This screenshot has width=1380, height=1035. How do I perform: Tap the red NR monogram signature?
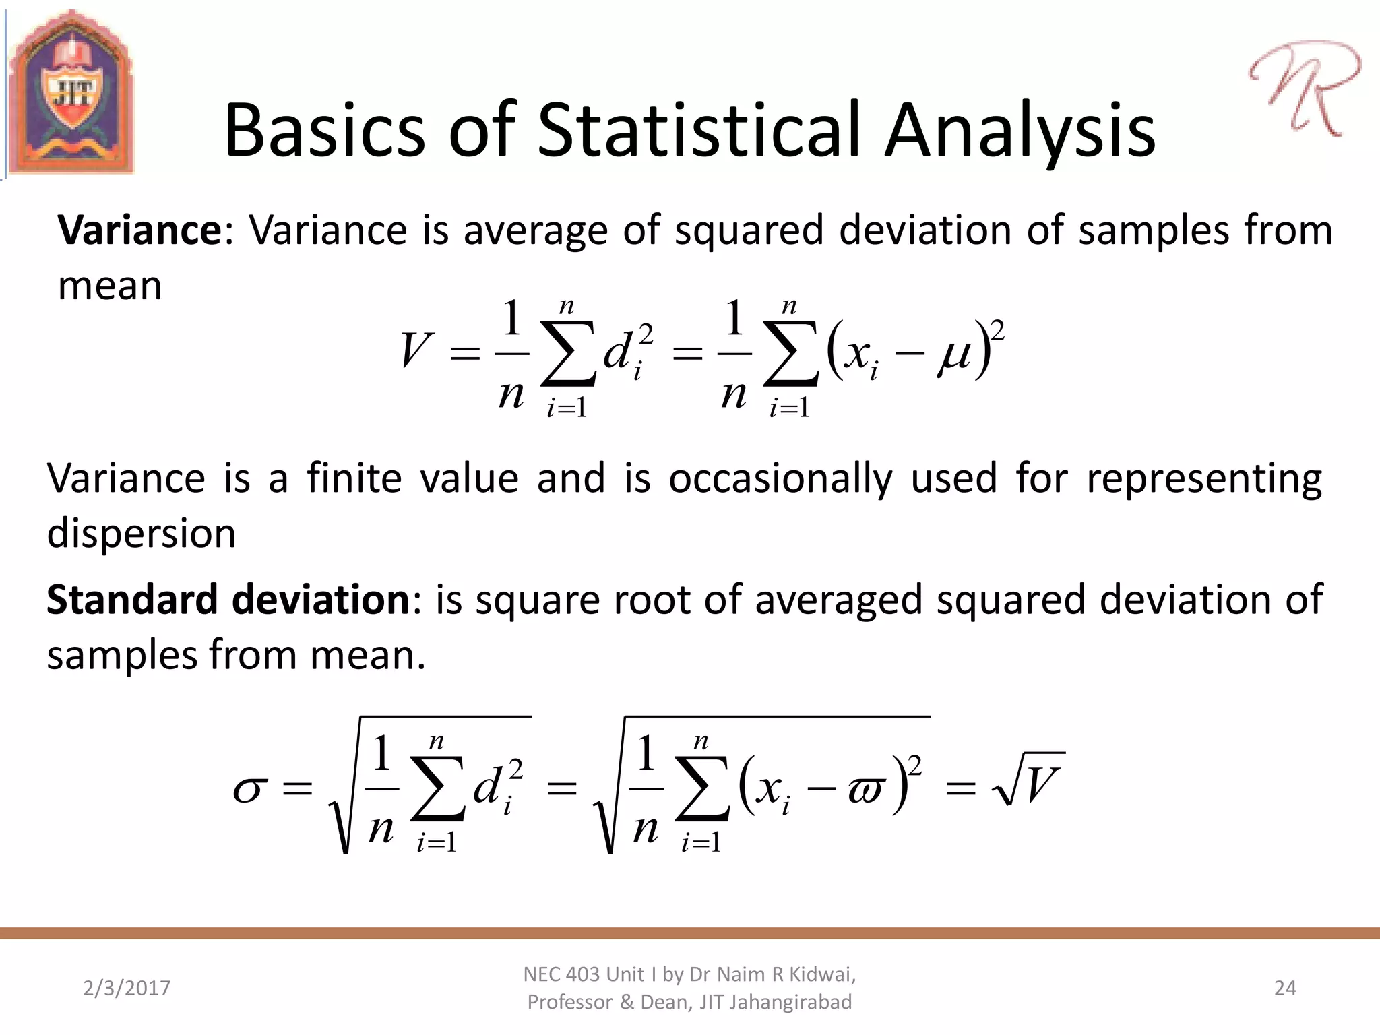pyautogui.click(x=1304, y=88)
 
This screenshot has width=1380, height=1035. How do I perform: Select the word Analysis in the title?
pyautogui.click(x=1020, y=131)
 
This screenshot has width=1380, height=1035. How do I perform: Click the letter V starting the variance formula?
pyautogui.click(x=414, y=351)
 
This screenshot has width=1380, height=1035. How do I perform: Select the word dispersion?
pyautogui.click(x=142, y=534)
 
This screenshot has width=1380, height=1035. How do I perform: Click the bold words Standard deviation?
pyautogui.click(x=228, y=600)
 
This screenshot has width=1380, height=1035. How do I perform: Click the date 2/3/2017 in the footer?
pyautogui.click(x=127, y=988)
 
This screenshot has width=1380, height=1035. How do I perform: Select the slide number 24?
pyautogui.click(x=1285, y=988)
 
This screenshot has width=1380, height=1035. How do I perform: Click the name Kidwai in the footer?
pyautogui.click(x=822, y=974)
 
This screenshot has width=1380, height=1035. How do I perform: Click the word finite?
pyautogui.click(x=354, y=479)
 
